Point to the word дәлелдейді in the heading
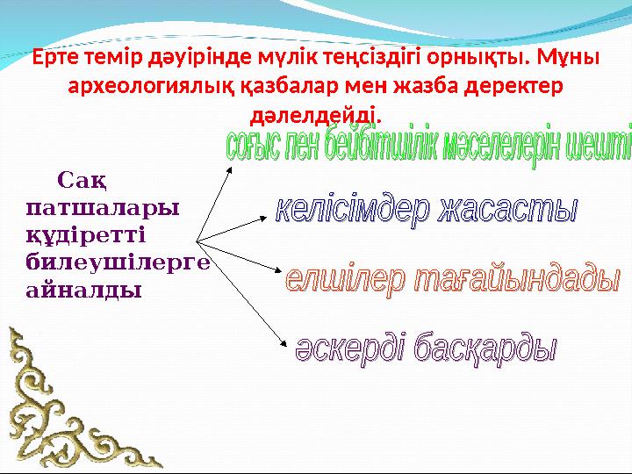[316, 115]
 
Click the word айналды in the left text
[83, 288]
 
